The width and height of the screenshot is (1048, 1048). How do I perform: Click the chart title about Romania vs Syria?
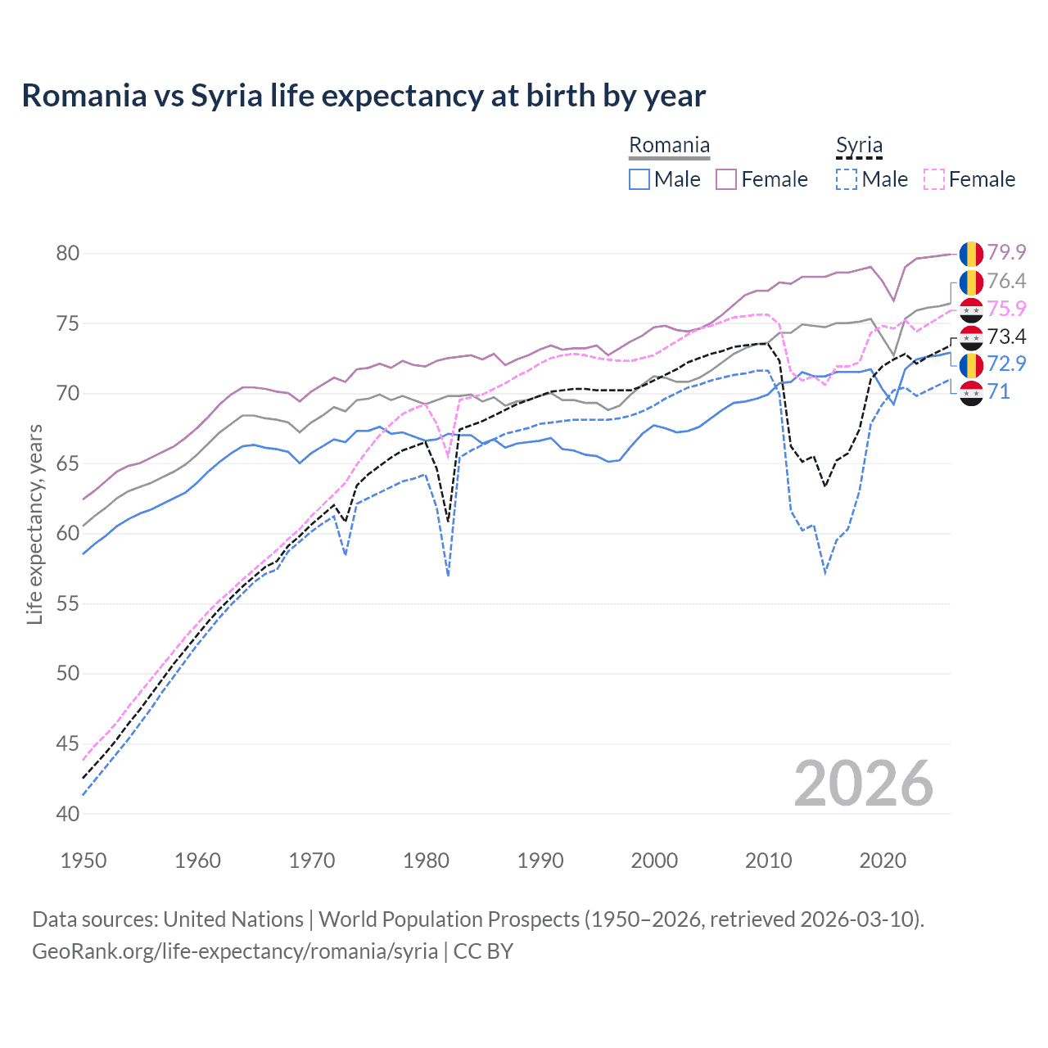tap(364, 96)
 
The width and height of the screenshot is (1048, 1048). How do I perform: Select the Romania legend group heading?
tap(669, 146)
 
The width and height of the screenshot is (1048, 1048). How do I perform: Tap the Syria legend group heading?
tap(859, 146)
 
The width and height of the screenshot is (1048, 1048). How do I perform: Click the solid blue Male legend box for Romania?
tap(639, 179)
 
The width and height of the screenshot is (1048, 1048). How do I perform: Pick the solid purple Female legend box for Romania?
tap(726, 179)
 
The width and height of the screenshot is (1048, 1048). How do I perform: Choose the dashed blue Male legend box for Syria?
tap(847, 179)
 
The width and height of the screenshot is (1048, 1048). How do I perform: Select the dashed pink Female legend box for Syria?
tap(934, 179)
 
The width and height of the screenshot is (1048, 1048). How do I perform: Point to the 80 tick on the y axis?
tap(68, 253)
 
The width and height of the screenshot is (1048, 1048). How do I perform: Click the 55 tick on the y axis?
tap(68, 603)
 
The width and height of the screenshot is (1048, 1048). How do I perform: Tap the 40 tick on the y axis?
tap(68, 814)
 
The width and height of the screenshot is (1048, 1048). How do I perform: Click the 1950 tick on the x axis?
tap(84, 861)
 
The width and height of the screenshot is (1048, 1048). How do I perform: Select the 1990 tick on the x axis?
tap(540, 861)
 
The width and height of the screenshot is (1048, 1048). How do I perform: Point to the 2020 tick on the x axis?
tap(883, 861)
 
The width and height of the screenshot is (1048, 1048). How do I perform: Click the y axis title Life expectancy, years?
tap(34, 524)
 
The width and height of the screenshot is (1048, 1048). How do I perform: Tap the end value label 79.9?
tap(1006, 252)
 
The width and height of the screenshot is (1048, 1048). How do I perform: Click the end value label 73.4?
tap(1006, 337)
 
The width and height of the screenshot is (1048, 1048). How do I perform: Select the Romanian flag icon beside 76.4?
tap(971, 282)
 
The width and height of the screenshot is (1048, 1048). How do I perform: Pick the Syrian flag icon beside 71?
tap(971, 392)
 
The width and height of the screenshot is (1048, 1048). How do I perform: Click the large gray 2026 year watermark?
tap(864, 784)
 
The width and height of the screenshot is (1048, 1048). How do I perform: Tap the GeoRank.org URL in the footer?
tap(235, 951)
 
